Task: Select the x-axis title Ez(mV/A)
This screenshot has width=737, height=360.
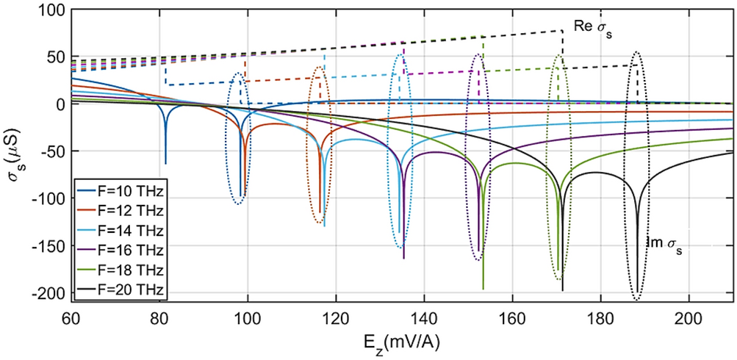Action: pyautogui.click(x=401, y=345)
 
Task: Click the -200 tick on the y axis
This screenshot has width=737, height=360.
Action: pyautogui.click(x=47, y=295)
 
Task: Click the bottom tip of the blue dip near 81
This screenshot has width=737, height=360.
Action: pyautogui.click(x=165, y=164)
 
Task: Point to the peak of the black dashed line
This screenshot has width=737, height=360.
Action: pyautogui.click(x=562, y=30)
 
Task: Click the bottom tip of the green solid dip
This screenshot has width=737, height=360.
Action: pyautogui.click(x=483, y=289)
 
